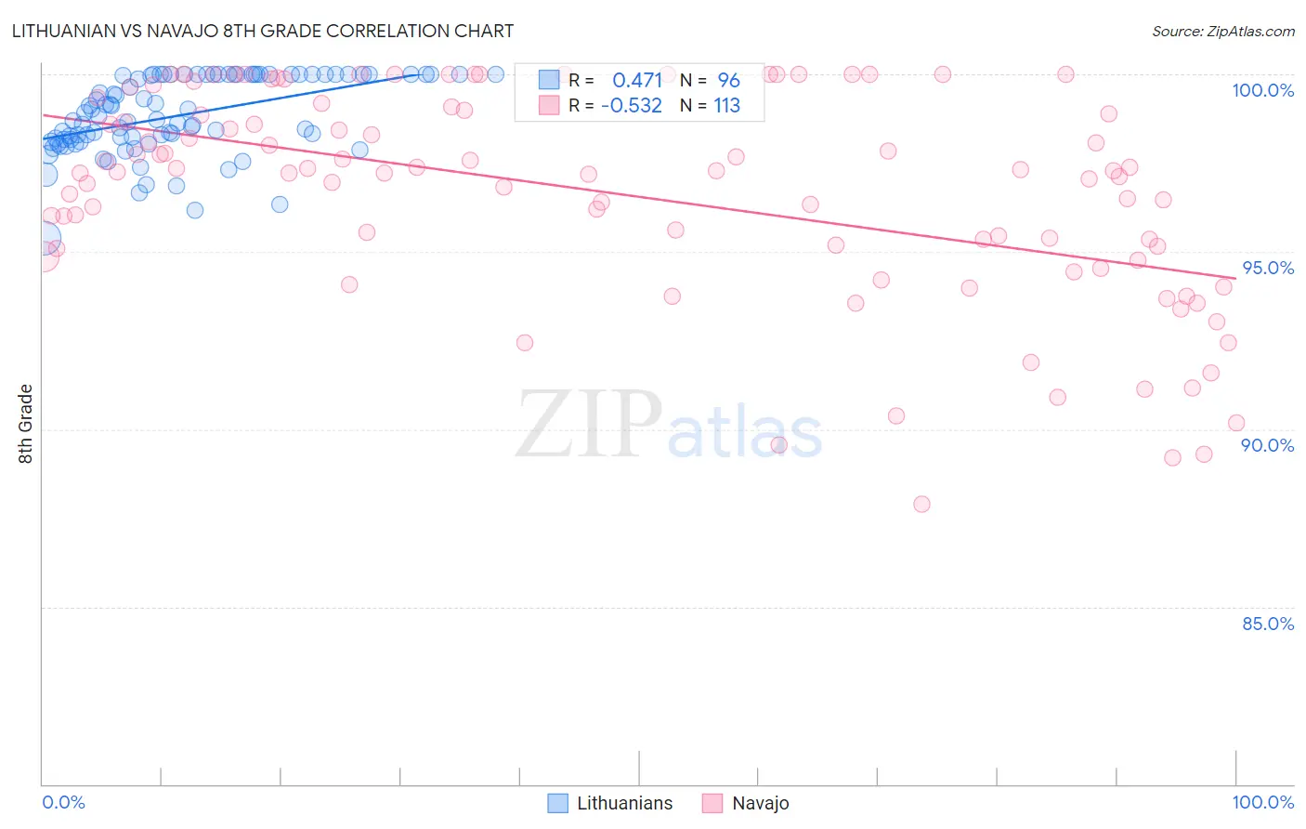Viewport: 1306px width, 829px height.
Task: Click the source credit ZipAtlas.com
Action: (x=1222, y=31)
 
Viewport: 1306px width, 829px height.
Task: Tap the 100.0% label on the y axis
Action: (x=1262, y=90)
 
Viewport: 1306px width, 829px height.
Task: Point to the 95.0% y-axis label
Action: (x=1268, y=268)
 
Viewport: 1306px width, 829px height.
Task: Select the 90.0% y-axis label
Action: (x=1268, y=445)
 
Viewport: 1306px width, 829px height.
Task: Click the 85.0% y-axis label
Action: (x=1268, y=624)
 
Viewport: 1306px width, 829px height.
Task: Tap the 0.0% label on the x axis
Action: (x=63, y=802)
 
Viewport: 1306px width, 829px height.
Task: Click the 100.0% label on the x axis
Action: (x=1262, y=802)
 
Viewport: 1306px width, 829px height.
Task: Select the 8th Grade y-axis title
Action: (x=26, y=424)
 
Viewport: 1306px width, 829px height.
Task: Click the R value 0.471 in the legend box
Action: (x=637, y=80)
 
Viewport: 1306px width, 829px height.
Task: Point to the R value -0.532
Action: (x=632, y=106)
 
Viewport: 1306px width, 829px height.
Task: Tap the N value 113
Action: (x=726, y=106)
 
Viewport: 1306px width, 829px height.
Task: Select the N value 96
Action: (x=728, y=80)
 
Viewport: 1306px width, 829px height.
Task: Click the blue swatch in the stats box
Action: (x=549, y=80)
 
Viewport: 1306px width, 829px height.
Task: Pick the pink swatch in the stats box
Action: (x=549, y=106)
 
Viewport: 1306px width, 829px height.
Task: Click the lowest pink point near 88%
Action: (x=921, y=504)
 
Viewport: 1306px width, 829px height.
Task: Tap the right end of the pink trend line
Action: (x=1235, y=277)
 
